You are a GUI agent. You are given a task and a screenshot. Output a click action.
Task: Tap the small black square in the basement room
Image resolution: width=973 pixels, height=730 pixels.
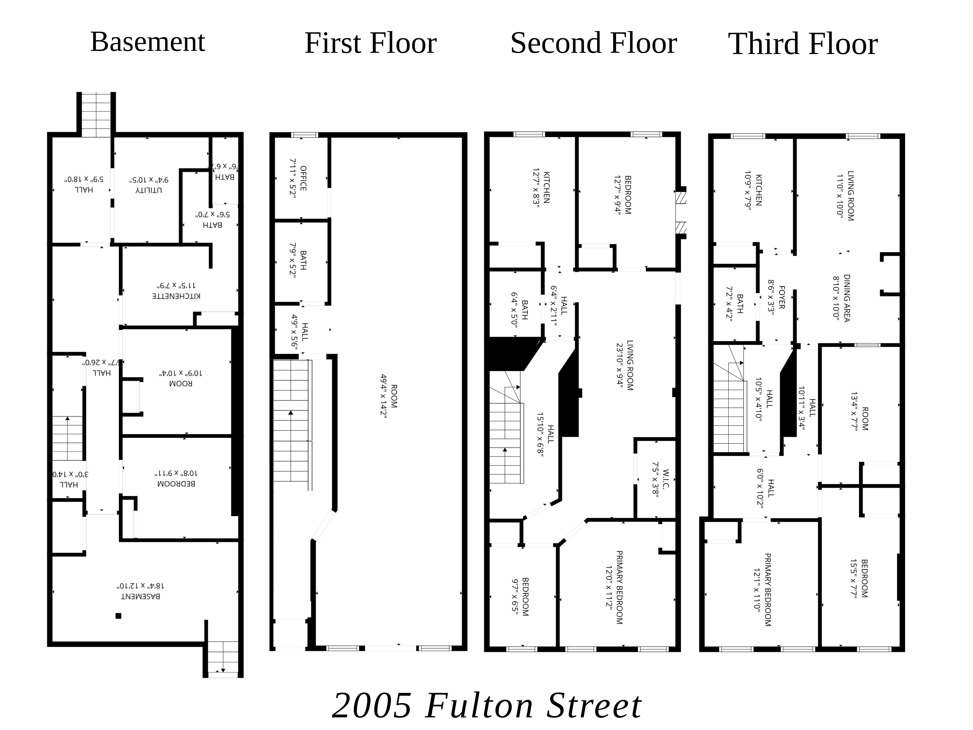(118, 616)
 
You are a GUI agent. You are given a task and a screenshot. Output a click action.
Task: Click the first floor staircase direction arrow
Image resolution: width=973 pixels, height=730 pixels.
(291, 413)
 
